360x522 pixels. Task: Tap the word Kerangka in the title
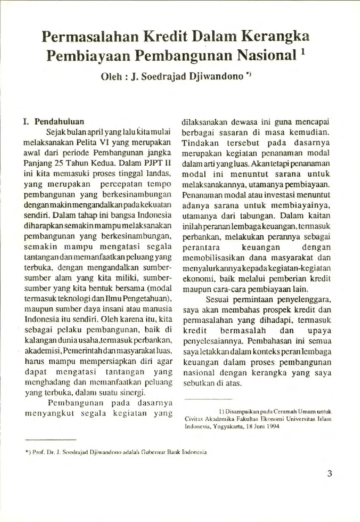(276, 36)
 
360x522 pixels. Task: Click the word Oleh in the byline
(111, 76)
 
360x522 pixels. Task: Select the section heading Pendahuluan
(59, 122)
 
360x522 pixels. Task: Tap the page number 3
(329, 473)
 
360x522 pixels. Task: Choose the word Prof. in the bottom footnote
(38, 452)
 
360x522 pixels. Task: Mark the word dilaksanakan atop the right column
(204, 122)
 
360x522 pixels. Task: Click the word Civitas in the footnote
(194, 419)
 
